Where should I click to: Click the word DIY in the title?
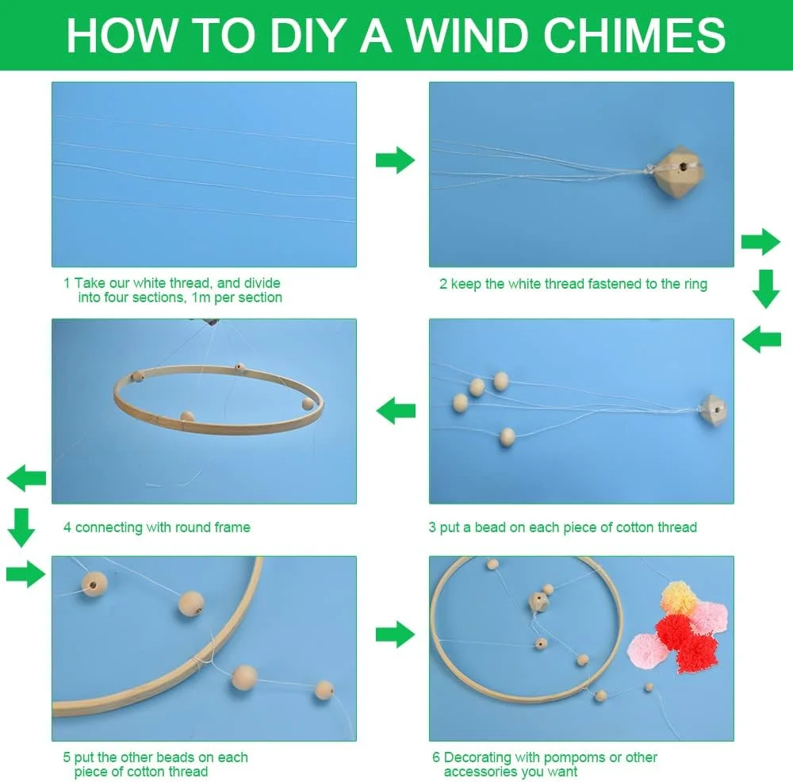305,35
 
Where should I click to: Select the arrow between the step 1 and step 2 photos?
395,160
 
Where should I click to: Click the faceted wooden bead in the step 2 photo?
676,170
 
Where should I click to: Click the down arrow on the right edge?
766,289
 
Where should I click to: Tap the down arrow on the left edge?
21,527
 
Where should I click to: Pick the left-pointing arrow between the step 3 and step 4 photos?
396,411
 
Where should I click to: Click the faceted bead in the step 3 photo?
714,410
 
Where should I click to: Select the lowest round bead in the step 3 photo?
507,436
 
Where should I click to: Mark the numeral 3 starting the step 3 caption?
432,527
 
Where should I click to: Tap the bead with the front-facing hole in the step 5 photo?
94,585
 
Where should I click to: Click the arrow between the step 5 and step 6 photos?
395,634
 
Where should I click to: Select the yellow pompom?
680,597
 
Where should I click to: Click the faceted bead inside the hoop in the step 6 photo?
538,602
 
